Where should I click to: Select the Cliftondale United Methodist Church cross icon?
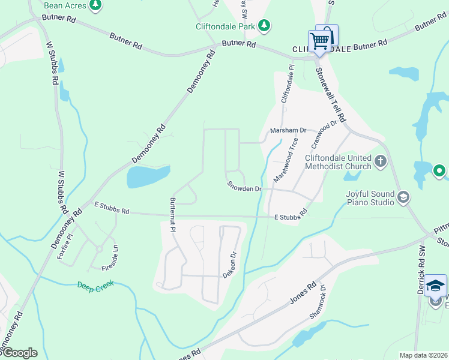coord(380,161)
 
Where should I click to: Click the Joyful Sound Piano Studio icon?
coord(403,197)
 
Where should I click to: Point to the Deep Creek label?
coord(95,284)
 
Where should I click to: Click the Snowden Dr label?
coord(244,188)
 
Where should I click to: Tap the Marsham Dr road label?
coord(288,130)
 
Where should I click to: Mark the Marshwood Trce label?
coord(286,160)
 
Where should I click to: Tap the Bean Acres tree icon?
coord(95,5)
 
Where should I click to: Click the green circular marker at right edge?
coord(439,172)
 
